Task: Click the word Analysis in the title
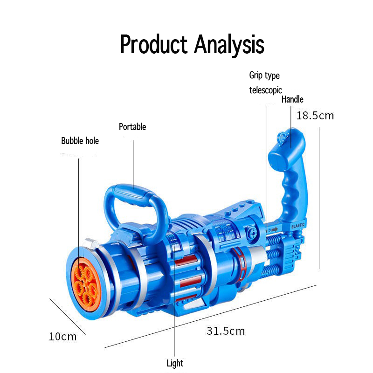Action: tap(229, 44)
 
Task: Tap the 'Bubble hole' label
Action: tap(80, 141)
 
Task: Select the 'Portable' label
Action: tap(132, 127)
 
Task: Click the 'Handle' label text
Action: tap(292, 99)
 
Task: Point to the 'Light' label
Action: tap(175, 363)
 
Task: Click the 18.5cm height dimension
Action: tap(315, 116)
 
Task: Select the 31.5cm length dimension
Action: tap(226, 331)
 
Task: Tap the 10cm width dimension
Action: tap(62, 336)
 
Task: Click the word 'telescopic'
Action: tap(265, 90)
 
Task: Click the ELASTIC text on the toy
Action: tap(298, 226)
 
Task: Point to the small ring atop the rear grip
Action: tap(281, 136)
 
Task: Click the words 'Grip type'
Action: tap(264, 76)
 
